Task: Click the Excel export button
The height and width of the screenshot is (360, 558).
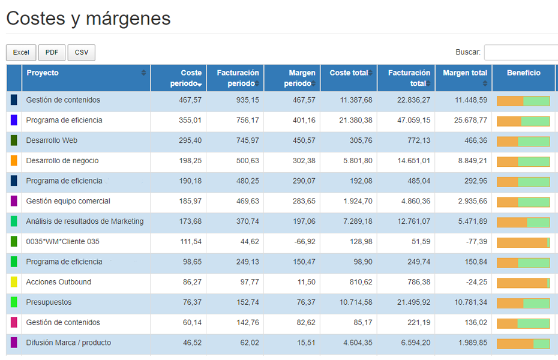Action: [x=21, y=53]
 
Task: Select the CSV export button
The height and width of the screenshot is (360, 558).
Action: [x=81, y=53]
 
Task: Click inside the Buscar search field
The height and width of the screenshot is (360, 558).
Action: [x=520, y=53]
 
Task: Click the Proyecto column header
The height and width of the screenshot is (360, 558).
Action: [x=43, y=73]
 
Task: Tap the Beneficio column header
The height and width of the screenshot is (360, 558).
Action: [x=523, y=73]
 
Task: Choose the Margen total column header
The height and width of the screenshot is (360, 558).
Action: [x=464, y=73]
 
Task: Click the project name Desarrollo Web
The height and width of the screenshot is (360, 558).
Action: [x=52, y=140]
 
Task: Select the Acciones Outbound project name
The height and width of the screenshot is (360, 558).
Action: [x=59, y=282]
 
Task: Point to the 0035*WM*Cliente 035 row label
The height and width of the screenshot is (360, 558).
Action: [x=63, y=241]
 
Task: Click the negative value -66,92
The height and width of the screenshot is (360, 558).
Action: [x=304, y=241]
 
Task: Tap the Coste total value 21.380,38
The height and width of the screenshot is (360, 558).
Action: [x=355, y=120]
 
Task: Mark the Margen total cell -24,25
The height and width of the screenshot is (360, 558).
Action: [x=475, y=282]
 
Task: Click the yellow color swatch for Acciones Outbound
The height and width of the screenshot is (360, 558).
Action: [x=14, y=282]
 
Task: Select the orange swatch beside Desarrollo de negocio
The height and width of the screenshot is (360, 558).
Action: [x=14, y=161]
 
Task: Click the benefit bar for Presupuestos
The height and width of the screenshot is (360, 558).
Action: [x=523, y=302]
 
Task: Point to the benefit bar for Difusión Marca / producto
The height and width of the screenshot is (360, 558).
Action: [x=523, y=343]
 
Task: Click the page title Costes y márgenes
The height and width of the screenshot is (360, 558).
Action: [x=88, y=19]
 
